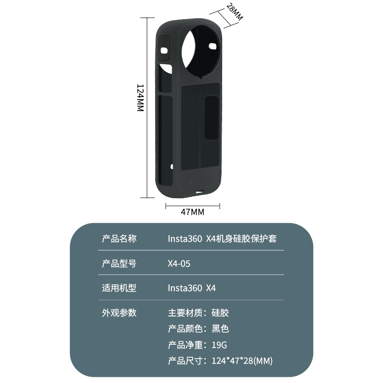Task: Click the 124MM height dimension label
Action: (x=140, y=98)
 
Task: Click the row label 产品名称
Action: (x=119, y=238)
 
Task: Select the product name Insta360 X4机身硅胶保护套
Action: (x=222, y=238)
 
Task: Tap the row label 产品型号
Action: (x=119, y=263)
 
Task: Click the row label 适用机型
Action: (x=119, y=288)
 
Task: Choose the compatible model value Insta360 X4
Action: (x=192, y=288)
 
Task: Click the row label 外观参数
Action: (x=119, y=313)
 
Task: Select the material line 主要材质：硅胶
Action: (x=198, y=313)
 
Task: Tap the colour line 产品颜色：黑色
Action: (x=198, y=329)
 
